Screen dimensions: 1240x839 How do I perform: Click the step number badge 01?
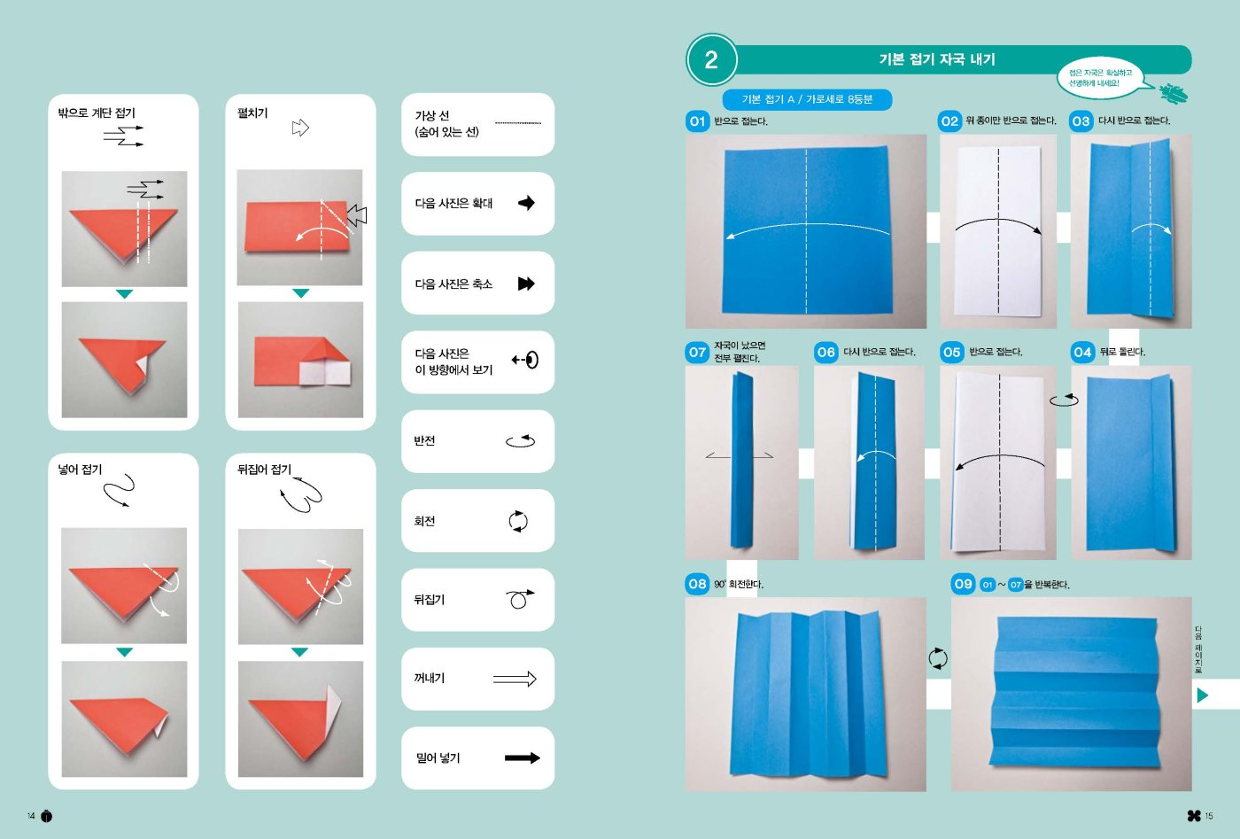[x=697, y=120]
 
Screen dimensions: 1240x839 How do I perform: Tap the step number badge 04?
[x=1082, y=353]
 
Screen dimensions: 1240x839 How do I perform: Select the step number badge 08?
[x=697, y=584]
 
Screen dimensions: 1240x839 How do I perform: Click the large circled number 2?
[x=711, y=60]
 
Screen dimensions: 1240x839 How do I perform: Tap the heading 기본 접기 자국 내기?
[x=937, y=59]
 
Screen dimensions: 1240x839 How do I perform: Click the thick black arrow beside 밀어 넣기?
[x=522, y=757]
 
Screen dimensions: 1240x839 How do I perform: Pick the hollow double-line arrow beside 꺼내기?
[x=515, y=679]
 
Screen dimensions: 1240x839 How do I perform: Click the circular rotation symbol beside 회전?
[x=518, y=521]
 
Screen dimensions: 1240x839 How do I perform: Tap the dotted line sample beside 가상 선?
[x=518, y=122]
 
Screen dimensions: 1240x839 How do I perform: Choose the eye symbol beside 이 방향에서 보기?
[x=525, y=360]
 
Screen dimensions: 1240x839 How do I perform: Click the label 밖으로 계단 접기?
[x=97, y=113]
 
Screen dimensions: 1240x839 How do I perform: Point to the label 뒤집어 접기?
[x=264, y=470]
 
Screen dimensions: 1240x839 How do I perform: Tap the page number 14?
[x=31, y=816]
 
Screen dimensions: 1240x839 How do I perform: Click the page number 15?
[x=1209, y=816]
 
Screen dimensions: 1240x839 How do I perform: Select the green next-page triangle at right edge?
[x=1203, y=695]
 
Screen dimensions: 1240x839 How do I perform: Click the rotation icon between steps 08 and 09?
[x=938, y=658]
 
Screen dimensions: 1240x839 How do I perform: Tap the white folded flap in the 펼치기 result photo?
[x=324, y=373]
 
